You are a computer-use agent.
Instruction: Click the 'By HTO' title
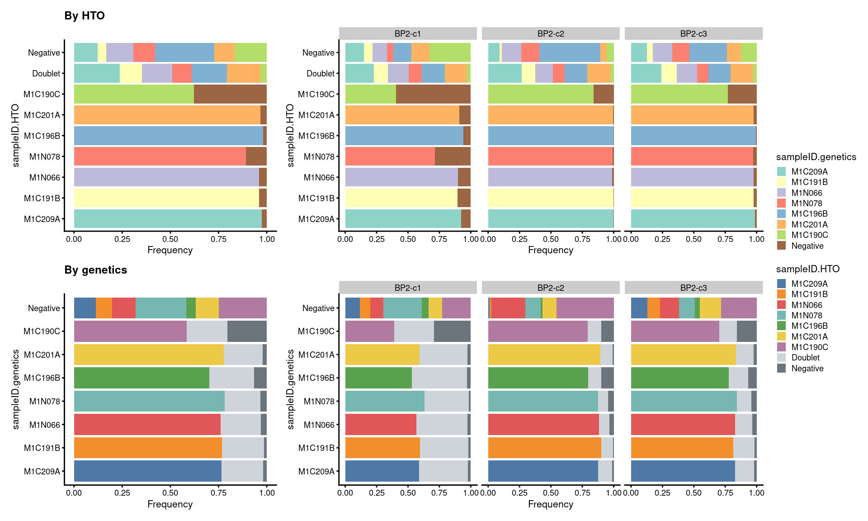coord(85,16)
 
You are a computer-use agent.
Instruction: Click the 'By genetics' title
coord(96,270)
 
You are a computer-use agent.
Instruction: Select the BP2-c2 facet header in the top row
coord(550,33)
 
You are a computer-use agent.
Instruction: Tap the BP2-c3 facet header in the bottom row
coord(693,288)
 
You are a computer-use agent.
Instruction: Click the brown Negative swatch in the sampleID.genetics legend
coord(781,246)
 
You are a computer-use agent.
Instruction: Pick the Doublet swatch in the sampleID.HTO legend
coord(781,358)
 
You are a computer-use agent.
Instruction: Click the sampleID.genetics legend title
coord(816,157)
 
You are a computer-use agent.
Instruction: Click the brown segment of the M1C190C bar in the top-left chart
coord(230,94)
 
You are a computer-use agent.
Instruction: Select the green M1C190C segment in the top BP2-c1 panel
coord(370,94)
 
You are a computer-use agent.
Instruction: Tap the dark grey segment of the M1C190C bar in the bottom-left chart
coord(247,332)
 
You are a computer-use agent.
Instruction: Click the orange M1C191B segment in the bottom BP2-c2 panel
coord(544,448)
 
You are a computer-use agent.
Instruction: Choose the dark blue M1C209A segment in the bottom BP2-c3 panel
coord(683,471)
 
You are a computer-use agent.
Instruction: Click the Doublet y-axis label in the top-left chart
coord(46,73)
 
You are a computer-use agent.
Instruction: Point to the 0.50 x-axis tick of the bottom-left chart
coord(170,493)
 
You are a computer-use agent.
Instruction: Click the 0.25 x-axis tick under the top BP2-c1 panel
coord(377,239)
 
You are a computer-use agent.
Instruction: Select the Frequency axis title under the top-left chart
coord(170,250)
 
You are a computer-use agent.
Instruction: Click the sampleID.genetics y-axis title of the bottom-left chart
coord(16,389)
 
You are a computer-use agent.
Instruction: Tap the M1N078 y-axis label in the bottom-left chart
coord(44,401)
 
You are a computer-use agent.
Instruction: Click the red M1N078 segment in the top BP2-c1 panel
coord(390,156)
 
